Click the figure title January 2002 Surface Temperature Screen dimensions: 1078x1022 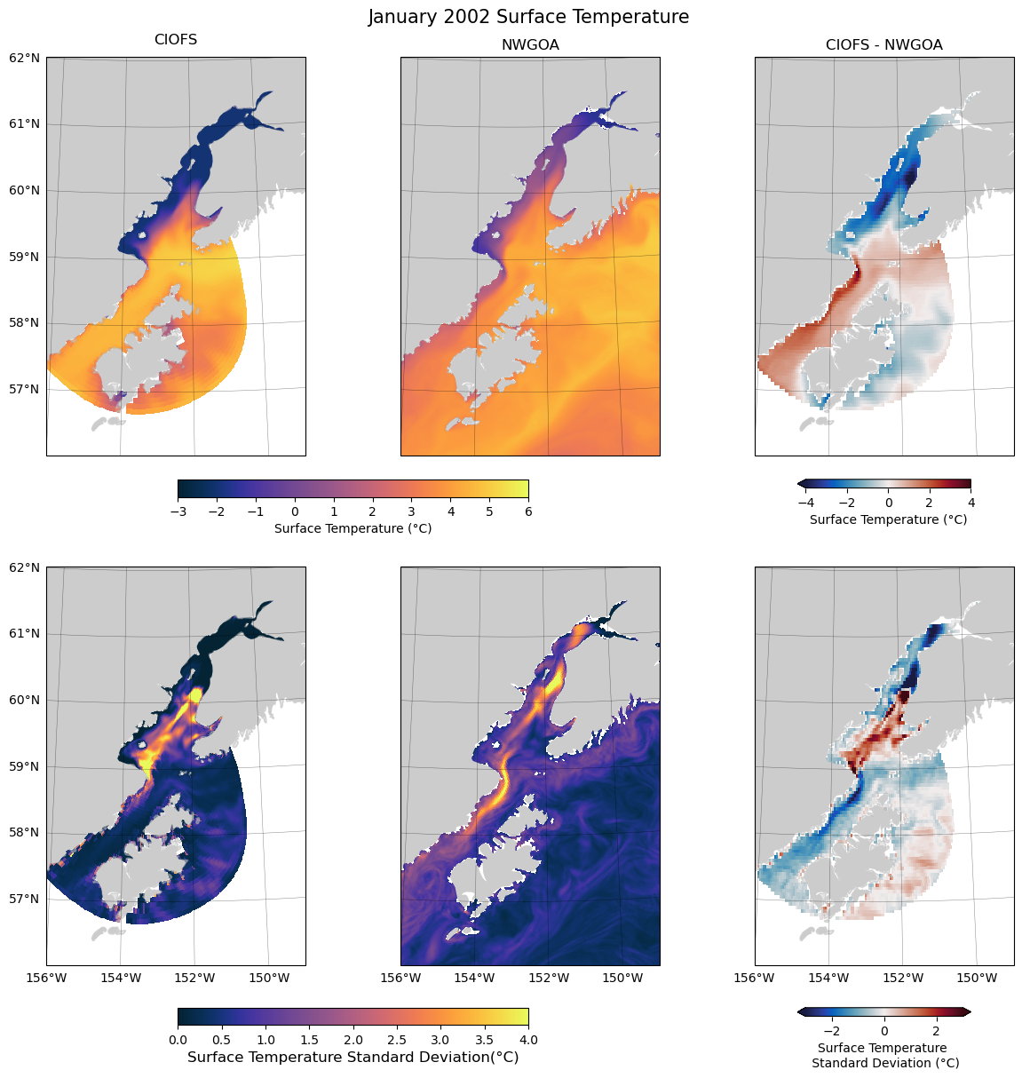pyautogui.click(x=528, y=17)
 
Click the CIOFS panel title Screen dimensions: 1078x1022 pyautogui.click(x=176, y=40)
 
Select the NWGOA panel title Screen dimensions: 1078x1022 pyautogui.click(x=530, y=44)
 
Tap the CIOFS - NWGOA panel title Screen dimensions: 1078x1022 pyautogui.click(x=883, y=44)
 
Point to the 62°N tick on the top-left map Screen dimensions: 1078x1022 pyautogui.click(x=24, y=58)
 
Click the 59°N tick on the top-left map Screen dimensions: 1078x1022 pyautogui.click(x=24, y=257)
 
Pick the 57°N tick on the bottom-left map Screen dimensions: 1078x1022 pyautogui.click(x=24, y=899)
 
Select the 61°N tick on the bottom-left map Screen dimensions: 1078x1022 pyautogui.click(x=24, y=633)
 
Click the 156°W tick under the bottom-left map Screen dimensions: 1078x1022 pyautogui.click(x=46, y=979)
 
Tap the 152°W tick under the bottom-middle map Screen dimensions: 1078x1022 pyautogui.click(x=549, y=979)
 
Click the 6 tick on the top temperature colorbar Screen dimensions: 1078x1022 pyautogui.click(x=528, y=511)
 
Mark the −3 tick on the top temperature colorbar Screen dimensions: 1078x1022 pyautogui.click(x=178, y=511)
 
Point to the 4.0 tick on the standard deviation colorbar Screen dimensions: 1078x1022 pyautogui.click(x=528, y=1039)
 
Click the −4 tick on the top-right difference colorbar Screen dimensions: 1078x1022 pyautogui.click(x=806, y=503)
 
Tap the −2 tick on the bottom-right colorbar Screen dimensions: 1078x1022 pyautogui.click(x=832, y=1030)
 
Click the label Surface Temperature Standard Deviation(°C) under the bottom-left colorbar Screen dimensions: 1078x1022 pyautogui.click(x=353, y=1058)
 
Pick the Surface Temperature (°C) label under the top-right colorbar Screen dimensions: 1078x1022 pyautogui.click(x=888, y=519)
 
